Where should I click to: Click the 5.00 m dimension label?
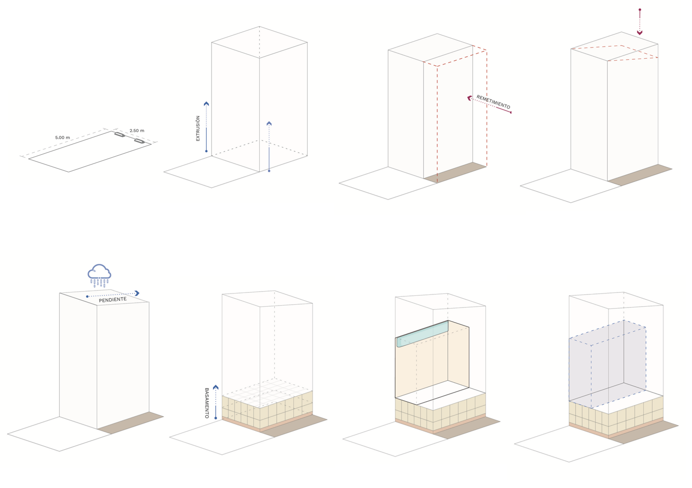62,138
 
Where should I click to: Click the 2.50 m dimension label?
137,130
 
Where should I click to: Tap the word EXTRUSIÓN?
198,129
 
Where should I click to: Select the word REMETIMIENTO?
493,102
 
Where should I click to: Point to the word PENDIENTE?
113,300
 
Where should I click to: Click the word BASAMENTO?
207,403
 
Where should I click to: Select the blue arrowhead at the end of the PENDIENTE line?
137,293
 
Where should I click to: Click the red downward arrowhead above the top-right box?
640,33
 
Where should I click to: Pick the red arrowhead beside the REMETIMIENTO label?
469,98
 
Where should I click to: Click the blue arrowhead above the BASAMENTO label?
216,387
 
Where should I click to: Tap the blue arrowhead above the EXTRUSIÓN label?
206,104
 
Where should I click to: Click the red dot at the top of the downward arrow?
640,10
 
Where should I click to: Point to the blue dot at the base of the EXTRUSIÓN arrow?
206,151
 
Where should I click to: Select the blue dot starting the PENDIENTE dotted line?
87,296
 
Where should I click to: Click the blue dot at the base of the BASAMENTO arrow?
216,418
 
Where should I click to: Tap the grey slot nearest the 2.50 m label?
139,141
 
